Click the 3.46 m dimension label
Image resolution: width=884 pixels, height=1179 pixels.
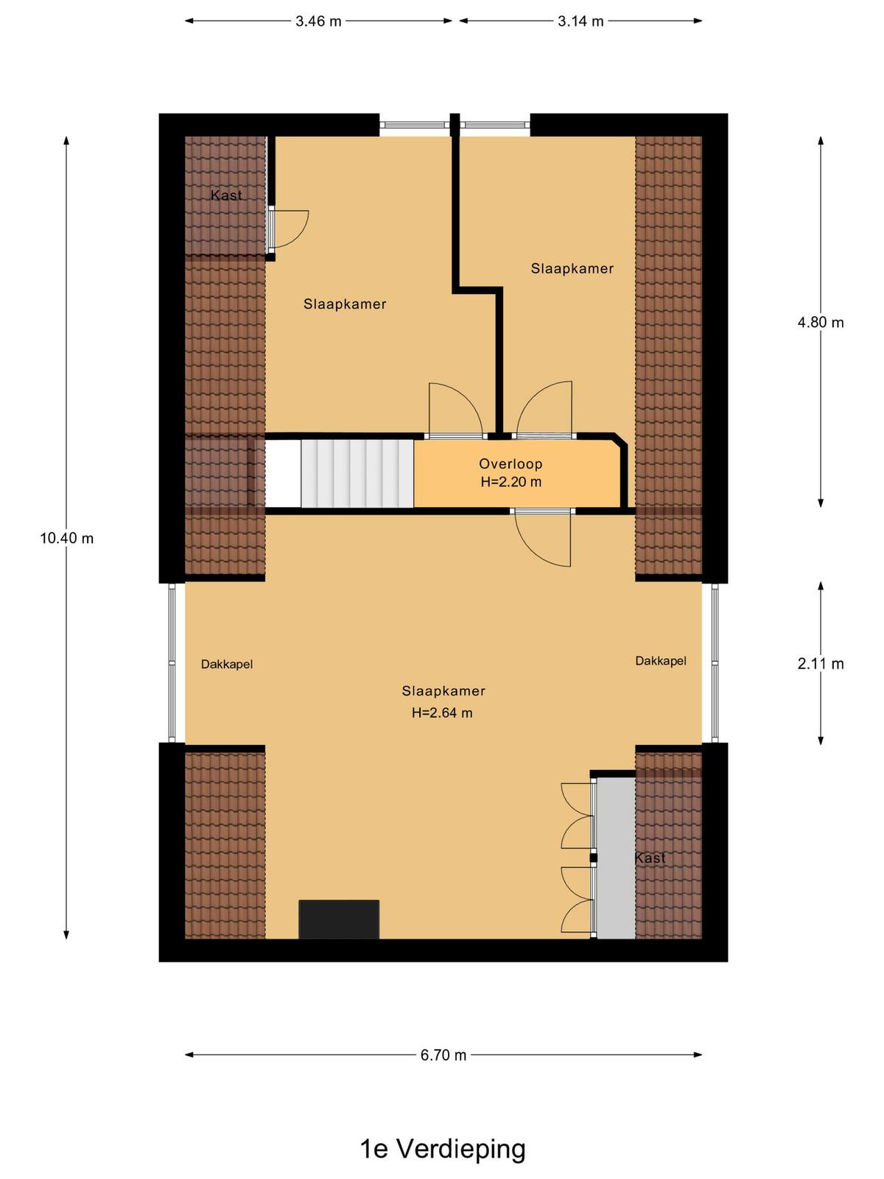click(x=318, y=21)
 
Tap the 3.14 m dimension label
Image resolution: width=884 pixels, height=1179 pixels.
click(x=580, y=21)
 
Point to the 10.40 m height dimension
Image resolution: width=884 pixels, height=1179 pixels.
click(x=66, y=538)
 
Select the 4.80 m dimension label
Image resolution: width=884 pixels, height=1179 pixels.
click(x=821, y=322)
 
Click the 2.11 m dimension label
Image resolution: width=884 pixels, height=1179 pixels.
click(x=821, y=664)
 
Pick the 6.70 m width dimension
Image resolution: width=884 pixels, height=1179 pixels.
click(x=443, y=1055)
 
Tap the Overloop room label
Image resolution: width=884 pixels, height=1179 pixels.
click(x=511, y=463)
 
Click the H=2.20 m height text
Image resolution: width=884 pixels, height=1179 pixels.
click(x=511, y=482)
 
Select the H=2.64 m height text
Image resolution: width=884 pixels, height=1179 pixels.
click(x=442, y=713)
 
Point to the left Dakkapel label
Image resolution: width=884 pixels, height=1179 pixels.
click(x=226, y=665)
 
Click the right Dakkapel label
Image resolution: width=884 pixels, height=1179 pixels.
click(x=661, y=661)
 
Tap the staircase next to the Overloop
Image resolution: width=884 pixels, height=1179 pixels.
click(x=357, y=473)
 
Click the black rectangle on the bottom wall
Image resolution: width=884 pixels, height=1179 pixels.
click(x=339, y=920)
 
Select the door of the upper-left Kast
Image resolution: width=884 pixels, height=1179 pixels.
click(x=289, y=229)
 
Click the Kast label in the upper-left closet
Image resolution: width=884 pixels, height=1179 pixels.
click(x=226, y=195)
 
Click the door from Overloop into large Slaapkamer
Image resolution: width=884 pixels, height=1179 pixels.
click(x=542, y=538)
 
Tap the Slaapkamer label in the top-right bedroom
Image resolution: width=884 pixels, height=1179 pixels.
click(x=572, y=268)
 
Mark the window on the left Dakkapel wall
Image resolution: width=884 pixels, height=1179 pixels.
click(x=172, y=662)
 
